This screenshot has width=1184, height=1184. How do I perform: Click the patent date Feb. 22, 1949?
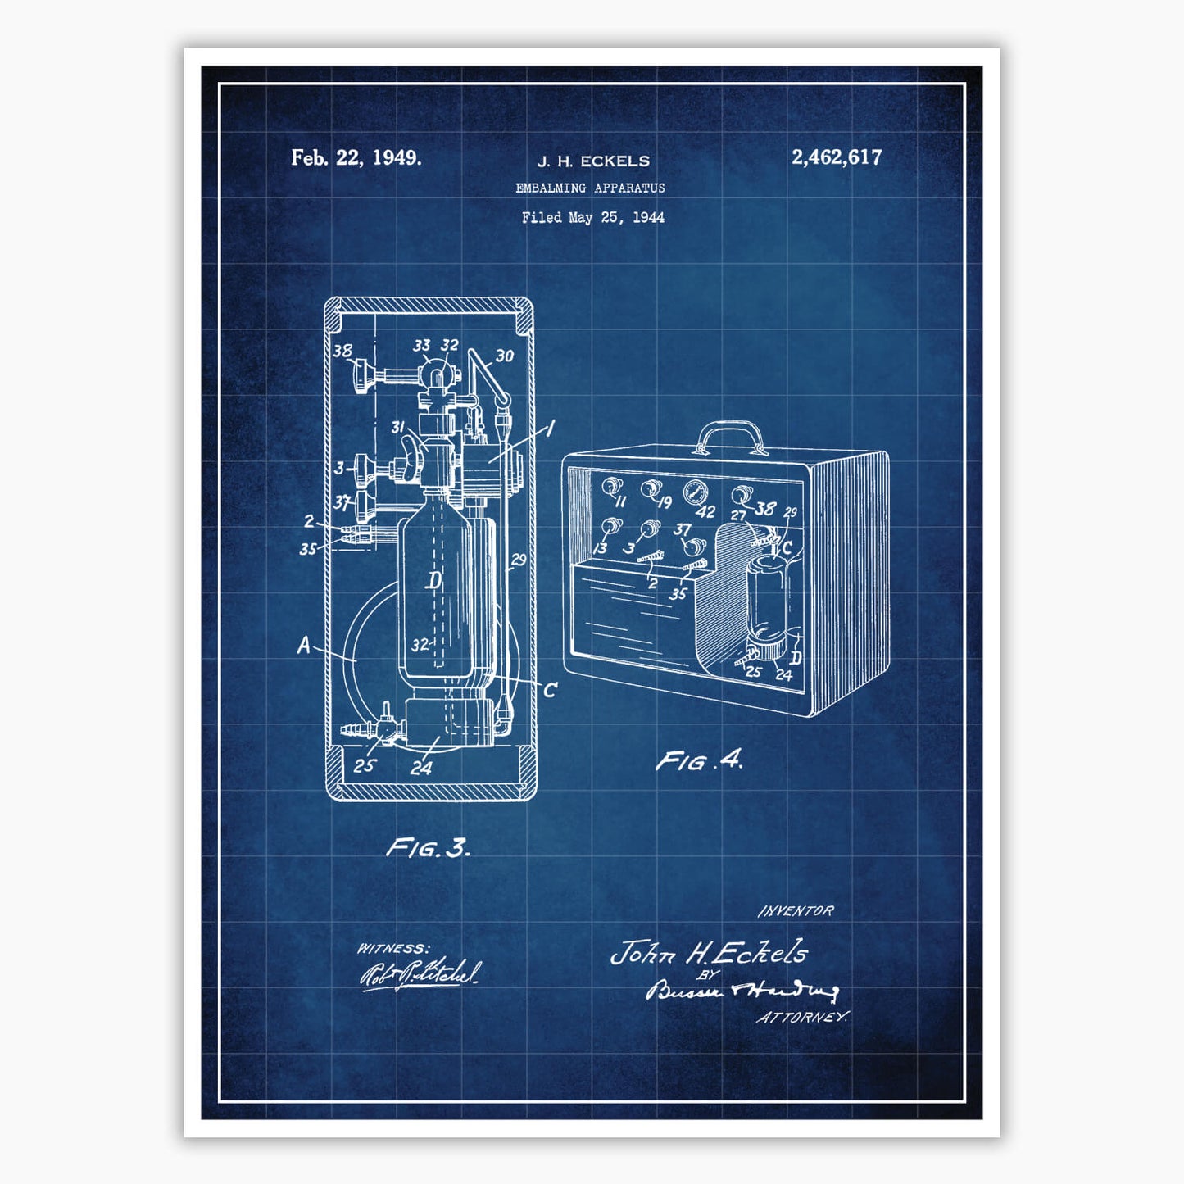coord(356,157)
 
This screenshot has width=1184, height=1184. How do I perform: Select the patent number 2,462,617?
coord(837,157)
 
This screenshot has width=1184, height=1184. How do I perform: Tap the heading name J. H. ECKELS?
coord(593,161)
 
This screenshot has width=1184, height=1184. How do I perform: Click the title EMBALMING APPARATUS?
coord(590,188)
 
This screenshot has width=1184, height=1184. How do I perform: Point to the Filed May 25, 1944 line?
coord(592,217)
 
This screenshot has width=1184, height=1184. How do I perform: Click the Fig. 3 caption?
coord(429,847)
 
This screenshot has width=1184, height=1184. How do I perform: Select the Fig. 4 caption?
coord(699,760)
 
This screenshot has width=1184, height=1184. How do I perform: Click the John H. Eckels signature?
coord(710,952)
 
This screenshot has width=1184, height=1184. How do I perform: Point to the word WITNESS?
coord(392,948)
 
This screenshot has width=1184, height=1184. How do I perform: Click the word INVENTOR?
coord(796,910)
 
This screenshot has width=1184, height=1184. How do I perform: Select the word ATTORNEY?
coord(802,1017)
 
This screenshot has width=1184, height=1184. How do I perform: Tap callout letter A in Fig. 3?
coord(304,646)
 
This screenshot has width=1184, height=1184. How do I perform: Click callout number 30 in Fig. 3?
coord(504,356)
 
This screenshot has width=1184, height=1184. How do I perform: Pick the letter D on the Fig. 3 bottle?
coord(433,581)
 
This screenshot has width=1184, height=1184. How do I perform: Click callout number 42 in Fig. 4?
coord(705,512)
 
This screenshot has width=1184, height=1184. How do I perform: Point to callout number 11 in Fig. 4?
coord(620,500)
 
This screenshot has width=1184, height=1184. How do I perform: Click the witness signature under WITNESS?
coord(420,974)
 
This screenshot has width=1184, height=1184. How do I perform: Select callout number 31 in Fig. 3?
coord(398,427)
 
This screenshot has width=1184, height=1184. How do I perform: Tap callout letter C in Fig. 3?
coord(550,690)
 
